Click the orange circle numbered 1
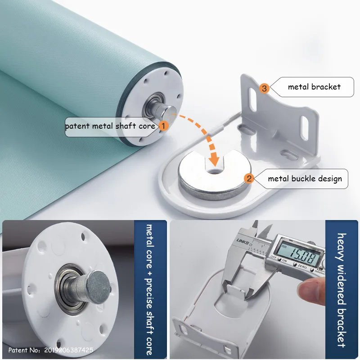(x=163, y=126)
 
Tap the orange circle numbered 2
(x=249, y=178)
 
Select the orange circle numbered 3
(x=264, y=88)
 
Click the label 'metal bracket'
(x=314, y=87)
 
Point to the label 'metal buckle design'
(x=305, y=179)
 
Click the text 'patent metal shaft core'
(x=110, y=126)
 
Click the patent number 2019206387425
(x=68, y=350)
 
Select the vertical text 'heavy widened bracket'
(x=342, y=290)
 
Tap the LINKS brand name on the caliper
(x=243, y=242)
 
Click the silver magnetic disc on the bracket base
(x=214, y=175)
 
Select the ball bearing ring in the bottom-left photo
(x=70, y=288)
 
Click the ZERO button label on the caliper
(x=302, y=267)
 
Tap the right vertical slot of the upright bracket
(x=304, y=128)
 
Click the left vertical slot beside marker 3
(x=252, y=99)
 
